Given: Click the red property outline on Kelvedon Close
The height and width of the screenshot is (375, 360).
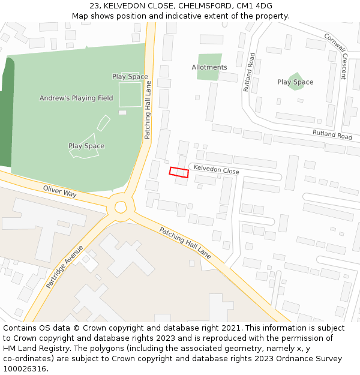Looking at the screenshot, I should [179, 172].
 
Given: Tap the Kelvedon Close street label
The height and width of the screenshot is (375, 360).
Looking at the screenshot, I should [216, 172].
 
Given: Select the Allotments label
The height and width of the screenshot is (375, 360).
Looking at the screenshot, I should [209, 67].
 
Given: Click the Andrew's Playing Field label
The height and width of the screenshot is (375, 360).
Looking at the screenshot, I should [76, 98].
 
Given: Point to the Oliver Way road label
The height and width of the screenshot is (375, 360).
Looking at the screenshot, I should [60, 191].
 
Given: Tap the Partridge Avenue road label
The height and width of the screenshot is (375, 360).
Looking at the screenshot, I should [65, 266].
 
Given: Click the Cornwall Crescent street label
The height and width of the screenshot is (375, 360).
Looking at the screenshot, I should [335, 56].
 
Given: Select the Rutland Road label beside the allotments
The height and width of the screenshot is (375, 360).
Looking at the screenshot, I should [250, 72].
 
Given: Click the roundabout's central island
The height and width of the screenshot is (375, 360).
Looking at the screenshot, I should [121, 207].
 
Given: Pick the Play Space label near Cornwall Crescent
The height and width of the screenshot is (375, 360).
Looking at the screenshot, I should [295, 82].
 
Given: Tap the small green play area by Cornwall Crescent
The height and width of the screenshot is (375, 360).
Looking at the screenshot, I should [296, 81].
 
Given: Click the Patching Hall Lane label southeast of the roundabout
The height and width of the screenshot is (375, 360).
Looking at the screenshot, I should [185, 242].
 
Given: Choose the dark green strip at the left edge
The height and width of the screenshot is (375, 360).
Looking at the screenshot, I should [7, 114].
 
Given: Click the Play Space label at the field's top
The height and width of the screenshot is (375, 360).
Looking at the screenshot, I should [130, 76].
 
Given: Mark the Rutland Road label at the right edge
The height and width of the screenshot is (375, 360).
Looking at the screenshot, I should [332, 135].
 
